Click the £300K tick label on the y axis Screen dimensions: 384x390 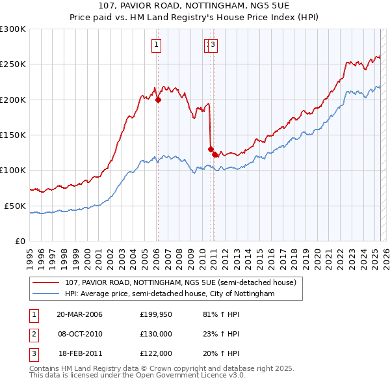point(12,29)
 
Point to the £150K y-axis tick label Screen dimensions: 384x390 point(12,135)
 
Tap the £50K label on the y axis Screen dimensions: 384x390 point(14,206)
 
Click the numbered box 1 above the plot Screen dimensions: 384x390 point(157,45)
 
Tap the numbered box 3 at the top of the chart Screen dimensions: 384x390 point(213,45)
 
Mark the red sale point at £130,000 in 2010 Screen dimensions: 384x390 point(211,149)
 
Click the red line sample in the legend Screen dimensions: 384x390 point(46,282)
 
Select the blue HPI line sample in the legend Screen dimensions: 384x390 point(46,294)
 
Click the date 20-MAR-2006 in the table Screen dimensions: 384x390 point(80,314)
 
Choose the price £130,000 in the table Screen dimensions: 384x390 point(156,334)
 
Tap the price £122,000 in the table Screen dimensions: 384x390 point(156,353)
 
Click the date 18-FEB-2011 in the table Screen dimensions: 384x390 point(80,353)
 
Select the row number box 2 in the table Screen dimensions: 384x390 point(33,334)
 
